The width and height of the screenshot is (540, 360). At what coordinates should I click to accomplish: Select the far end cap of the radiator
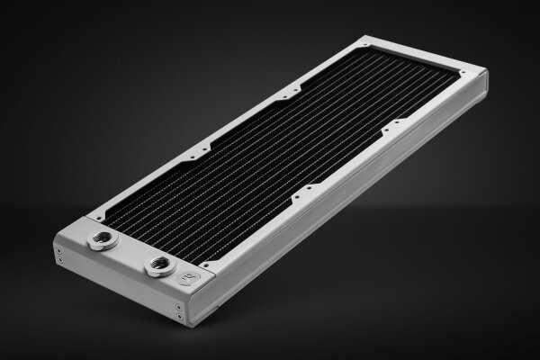[x=484, y=86]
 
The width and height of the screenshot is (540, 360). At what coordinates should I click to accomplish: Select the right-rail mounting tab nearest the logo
[x=309, y=188]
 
